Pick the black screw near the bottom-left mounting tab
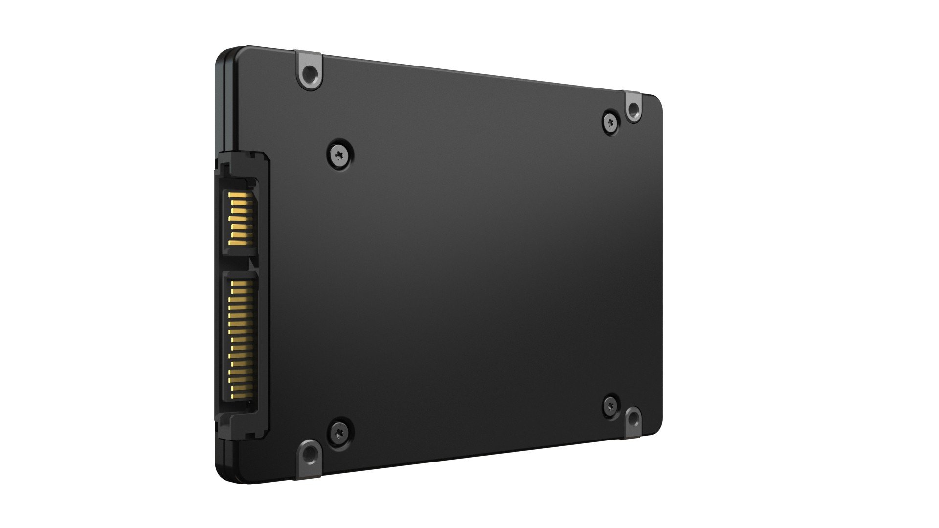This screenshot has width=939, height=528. (x=339, y=431)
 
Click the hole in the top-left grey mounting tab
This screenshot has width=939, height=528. (x=309, y=75)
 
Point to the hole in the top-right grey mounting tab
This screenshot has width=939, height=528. (x=633, y=109)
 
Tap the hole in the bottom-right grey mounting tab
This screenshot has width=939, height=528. (x=632, y=419)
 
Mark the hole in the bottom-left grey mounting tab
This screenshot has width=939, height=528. (x=309, y=455)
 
